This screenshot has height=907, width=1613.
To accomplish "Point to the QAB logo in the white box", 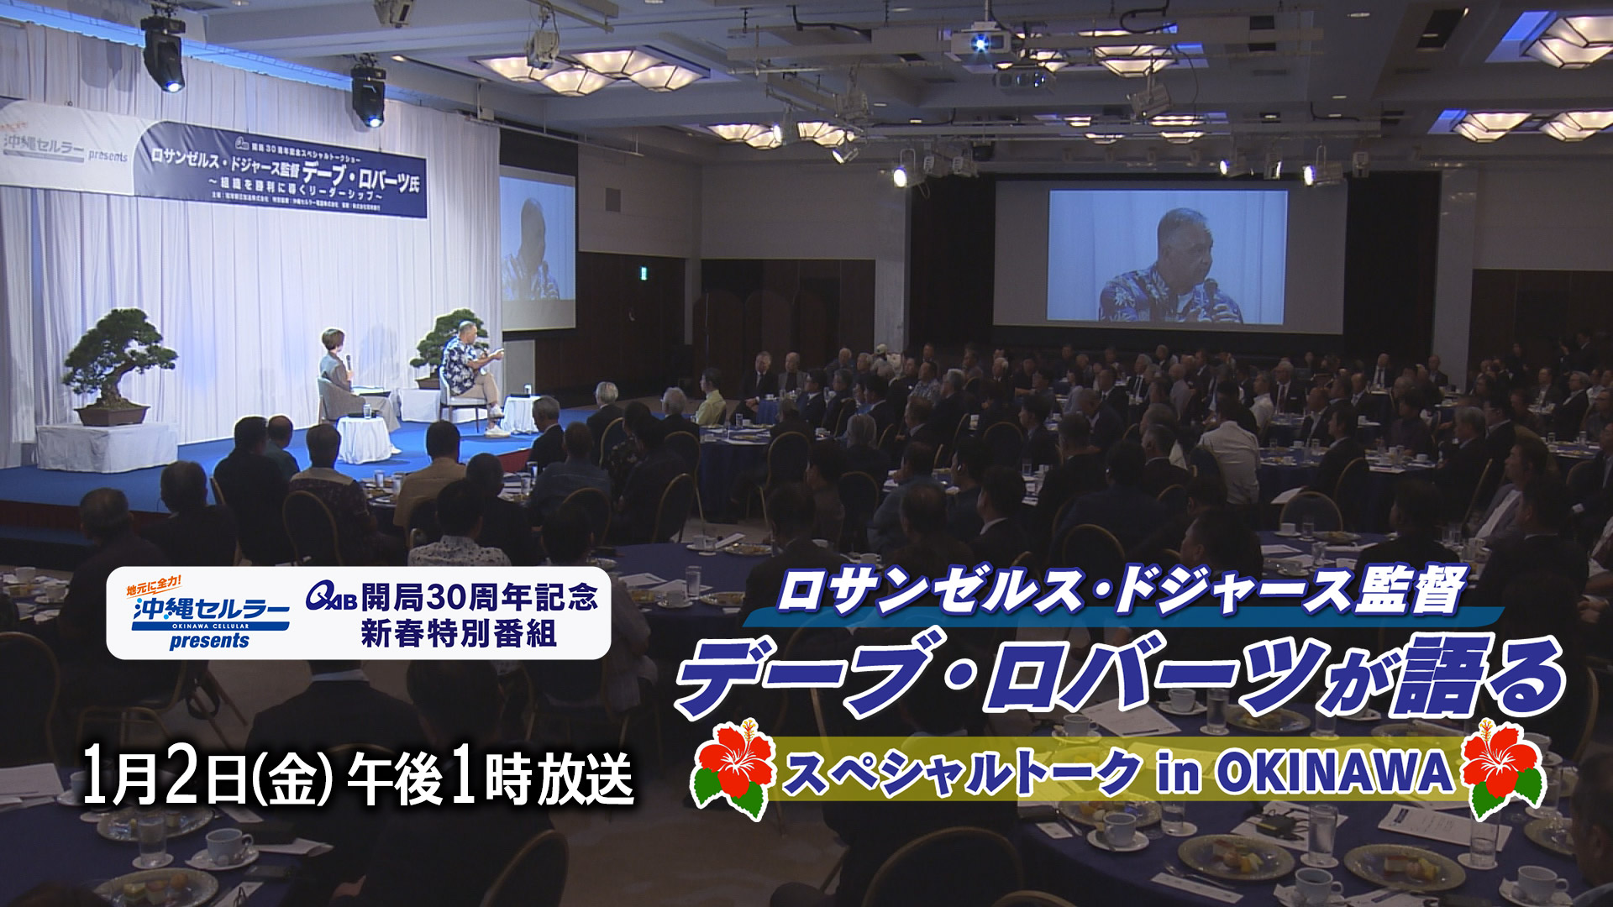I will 331,597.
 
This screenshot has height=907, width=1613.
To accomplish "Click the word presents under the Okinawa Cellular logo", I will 209,642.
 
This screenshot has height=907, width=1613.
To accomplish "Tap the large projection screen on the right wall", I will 1168,256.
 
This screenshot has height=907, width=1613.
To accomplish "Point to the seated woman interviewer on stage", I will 336,370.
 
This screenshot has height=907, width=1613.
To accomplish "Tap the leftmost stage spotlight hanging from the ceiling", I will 163,55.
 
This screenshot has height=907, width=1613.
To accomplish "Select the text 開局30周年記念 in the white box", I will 480,597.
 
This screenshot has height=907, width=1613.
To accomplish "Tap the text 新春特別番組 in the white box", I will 459,633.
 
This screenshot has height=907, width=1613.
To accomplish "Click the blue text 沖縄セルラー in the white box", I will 210,609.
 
